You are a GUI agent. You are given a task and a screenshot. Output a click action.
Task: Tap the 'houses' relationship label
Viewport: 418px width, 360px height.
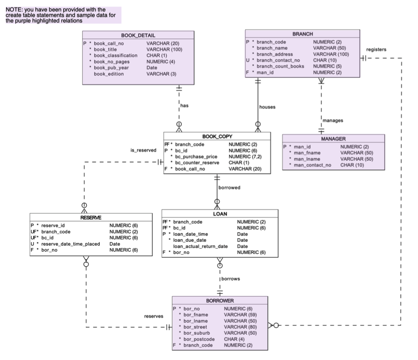pos(267,107)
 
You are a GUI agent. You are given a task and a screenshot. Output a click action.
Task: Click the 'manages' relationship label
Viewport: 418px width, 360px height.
pos(333,120)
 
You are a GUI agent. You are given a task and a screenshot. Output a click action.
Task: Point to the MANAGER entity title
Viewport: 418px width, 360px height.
pos(333,139)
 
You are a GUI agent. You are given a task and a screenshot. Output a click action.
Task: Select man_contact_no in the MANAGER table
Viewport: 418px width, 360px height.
pos(313,165)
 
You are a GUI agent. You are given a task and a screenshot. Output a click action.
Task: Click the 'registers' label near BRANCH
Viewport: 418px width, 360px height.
pos(376,49)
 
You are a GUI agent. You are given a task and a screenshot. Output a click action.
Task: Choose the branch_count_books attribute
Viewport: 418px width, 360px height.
pos(281,66)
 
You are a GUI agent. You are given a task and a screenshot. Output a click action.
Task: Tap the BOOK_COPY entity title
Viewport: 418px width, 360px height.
pos(217,136)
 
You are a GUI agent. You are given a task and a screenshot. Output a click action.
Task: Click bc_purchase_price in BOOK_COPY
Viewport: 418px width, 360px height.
pos(197,156)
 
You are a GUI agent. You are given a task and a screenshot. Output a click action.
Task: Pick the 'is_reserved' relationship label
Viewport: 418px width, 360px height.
pos(143,150)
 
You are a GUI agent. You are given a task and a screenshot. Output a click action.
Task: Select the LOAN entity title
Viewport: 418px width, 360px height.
pos(220,214)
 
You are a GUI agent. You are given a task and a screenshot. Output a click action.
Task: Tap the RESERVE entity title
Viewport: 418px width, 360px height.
pos(91,217)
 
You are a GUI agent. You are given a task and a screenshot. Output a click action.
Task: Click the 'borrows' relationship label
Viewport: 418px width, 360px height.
pos(231,278)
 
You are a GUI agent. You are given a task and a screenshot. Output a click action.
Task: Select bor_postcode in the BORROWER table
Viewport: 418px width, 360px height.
pos(199,339)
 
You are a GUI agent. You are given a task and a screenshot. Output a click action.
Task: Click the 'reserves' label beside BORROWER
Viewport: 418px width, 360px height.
pos(154,316)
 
